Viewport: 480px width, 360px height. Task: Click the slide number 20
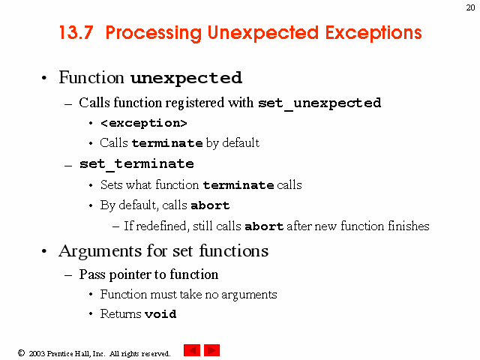click(x=470, y=7)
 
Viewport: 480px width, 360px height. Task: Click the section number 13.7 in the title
click(x=76, y=32)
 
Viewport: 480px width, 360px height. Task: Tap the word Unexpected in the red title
click(x=263, y=33)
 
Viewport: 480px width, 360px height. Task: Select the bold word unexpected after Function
click(x=187, y=78)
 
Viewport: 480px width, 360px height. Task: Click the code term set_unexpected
click(x=319, y=103)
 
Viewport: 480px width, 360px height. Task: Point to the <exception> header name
click(x=143, y=123)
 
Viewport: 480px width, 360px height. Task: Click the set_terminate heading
click(x=136, y=164)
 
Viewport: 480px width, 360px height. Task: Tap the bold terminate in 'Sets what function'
click(x=238, y=185)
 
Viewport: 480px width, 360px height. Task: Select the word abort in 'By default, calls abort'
click(x=210, y=205)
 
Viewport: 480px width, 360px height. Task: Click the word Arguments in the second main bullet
click(x=100, y=252)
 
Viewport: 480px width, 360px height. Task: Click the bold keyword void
click(x=160, y=314)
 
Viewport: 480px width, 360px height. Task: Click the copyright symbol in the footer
click(x=21, y=353)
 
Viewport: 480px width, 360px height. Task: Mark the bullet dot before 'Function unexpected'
click(x=44, y=78)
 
